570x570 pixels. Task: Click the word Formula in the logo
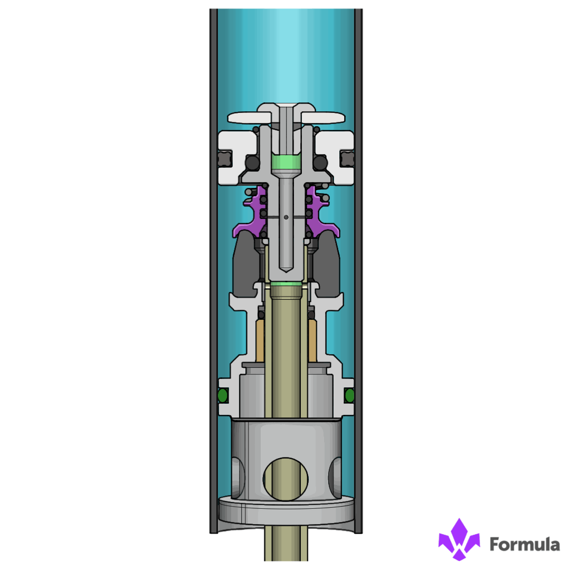pyautogui.click(x=525, y=544)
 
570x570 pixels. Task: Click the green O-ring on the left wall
pyautogui.click(x=223, y=395)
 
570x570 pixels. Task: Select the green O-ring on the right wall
pyautogui.click(x=349, y=395)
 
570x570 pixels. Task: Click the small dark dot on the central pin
pyautogui.click(x=286, y=217)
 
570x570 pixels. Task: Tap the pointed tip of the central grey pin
pyautogui.click(x=286, y=271)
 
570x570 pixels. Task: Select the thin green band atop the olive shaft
pyautogui.click(x=286, y=284)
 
